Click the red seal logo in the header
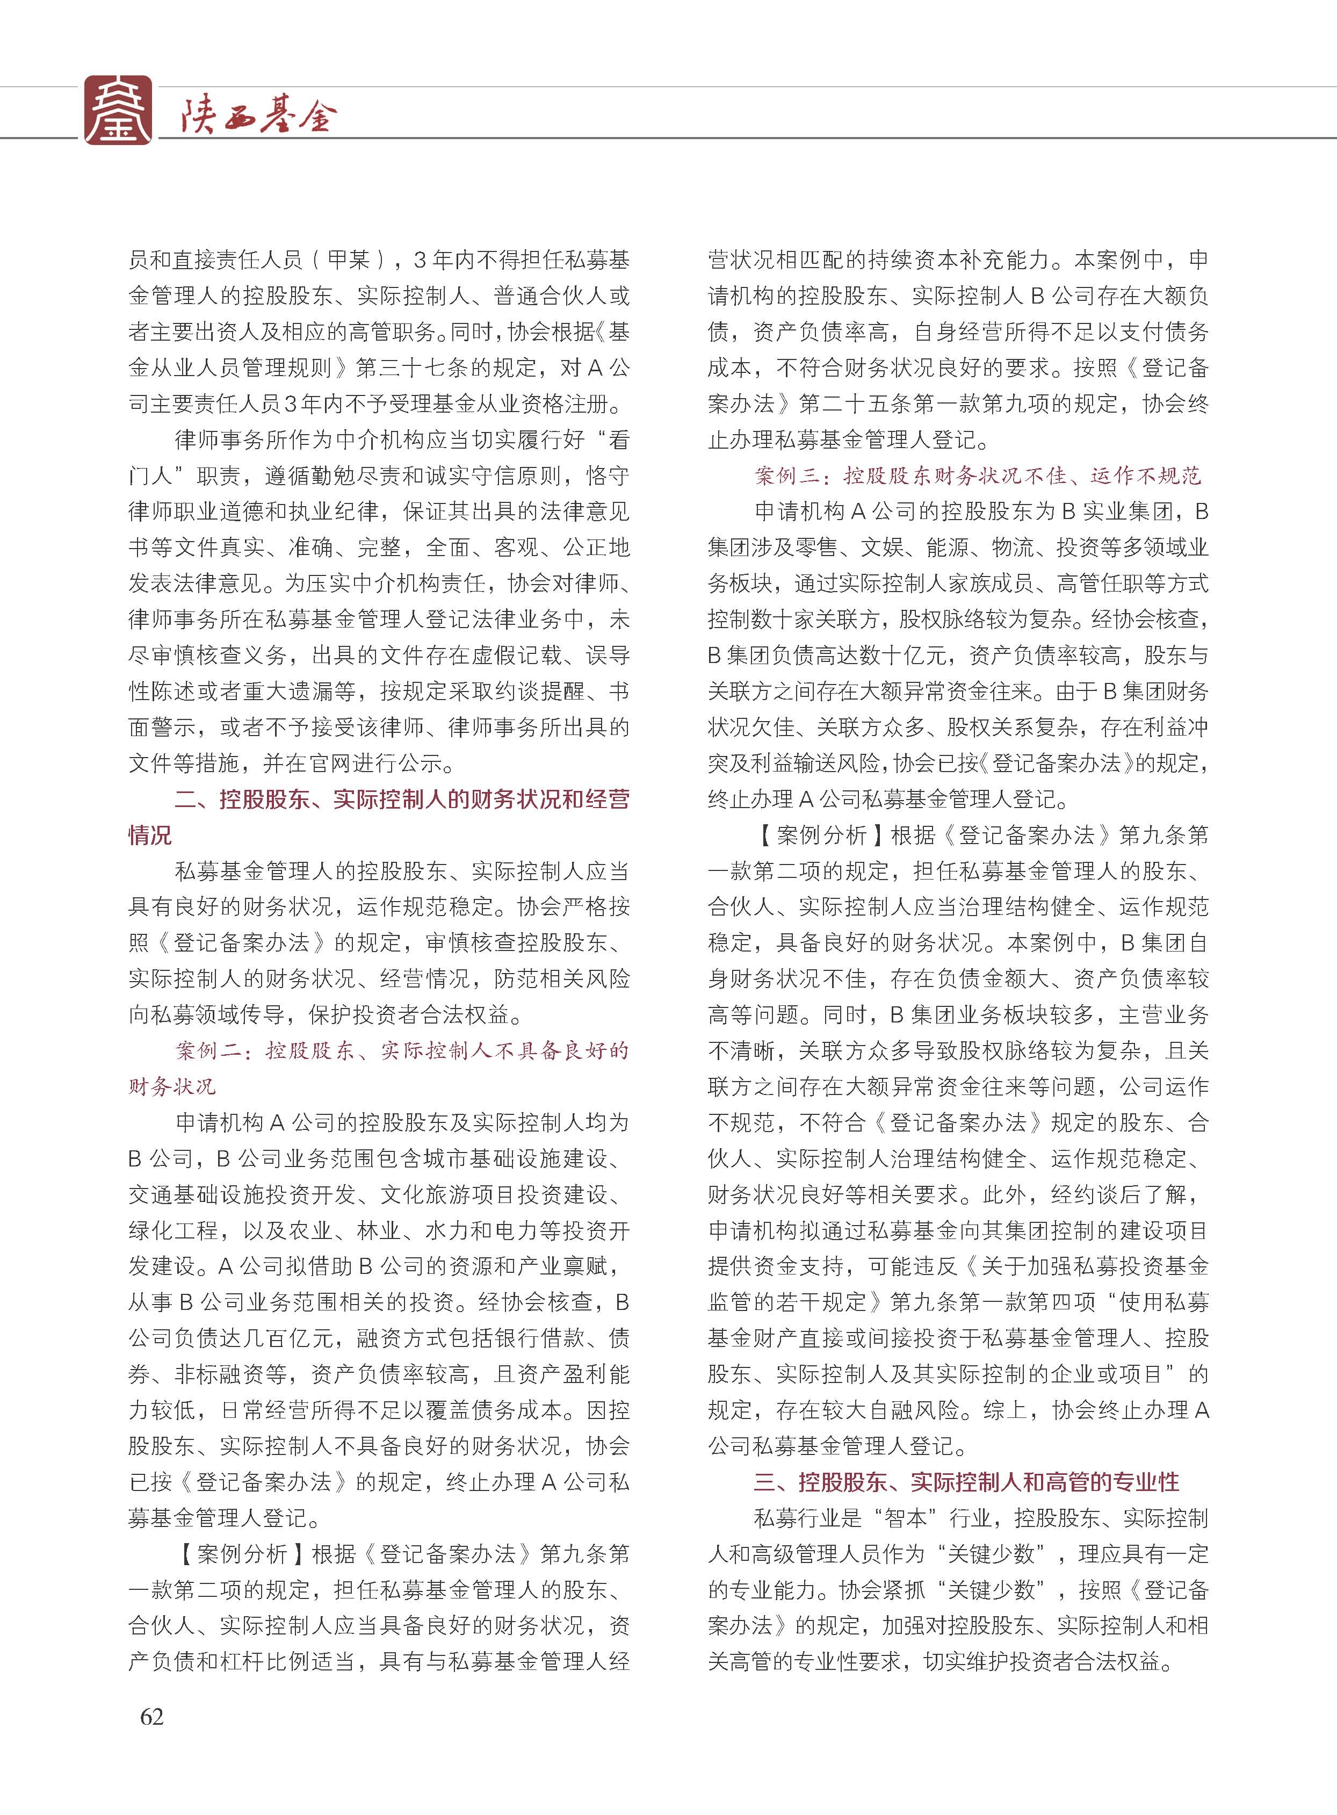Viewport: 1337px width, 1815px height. click(118, 110)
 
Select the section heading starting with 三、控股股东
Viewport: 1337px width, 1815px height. click(966, 1481)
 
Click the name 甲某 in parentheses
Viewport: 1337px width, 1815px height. click(349, 260)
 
